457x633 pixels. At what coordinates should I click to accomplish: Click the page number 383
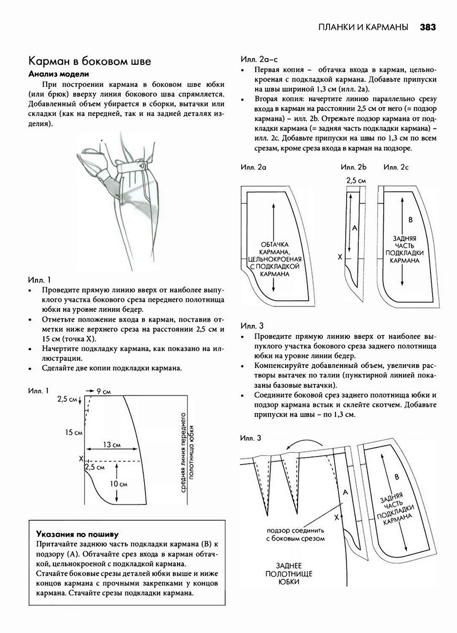pyautogui.click(x=427, y=27)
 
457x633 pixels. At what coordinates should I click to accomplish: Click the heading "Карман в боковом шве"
pyautogui.click(x=90, y=61)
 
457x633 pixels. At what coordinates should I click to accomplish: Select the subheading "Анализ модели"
pyautogui.click(x=59, y=74)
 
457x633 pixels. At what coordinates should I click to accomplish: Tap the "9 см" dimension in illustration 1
pyautogui.click(x=104, y=392)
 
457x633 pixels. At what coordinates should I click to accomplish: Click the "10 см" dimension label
pyautogui.click(x=119, y=484)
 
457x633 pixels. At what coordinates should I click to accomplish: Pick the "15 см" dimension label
pyautogui.click(x=73, y=432)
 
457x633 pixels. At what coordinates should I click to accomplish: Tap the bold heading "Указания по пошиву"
pyautogui.click(x=77, y=534)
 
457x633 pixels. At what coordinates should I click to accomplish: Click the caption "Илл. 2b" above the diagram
pyautogui.click(x=354, y=167)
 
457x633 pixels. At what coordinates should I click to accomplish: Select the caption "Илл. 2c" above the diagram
pyautogui.click(x=396, y=167)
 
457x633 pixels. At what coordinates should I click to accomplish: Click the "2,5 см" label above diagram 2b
pyautogui.click(x=356, y=180)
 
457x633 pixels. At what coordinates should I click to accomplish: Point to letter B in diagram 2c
pyautogui.click(x=411, y=220)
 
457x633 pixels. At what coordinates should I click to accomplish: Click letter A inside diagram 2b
pyautogui.click(x=354, y=228)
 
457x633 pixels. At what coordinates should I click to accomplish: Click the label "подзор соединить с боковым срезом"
pyautogui.click(x=295, y=534)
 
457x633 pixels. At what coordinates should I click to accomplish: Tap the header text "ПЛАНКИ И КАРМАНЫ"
pyautogui.click(x=363, y=27)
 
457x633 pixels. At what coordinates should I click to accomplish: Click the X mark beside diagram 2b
pyautogui.click(x=340, y=257)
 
